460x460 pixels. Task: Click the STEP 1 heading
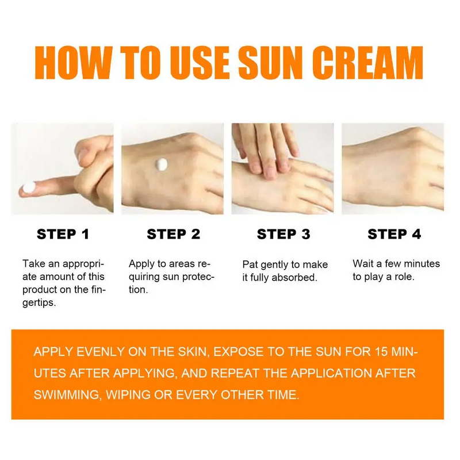pos(63,234)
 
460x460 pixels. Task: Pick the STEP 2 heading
pos(173,234)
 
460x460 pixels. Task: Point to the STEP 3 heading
pos(283,234)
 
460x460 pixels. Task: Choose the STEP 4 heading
pos(394,234)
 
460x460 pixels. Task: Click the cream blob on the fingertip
pos(29,186)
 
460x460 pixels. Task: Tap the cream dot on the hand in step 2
pos(162,164)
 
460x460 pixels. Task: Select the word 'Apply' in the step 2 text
pos(140,264)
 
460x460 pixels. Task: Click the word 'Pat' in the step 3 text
pos(250,264)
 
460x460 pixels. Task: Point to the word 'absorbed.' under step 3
pos(297,278)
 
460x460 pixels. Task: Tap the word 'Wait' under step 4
pos(363,264)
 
